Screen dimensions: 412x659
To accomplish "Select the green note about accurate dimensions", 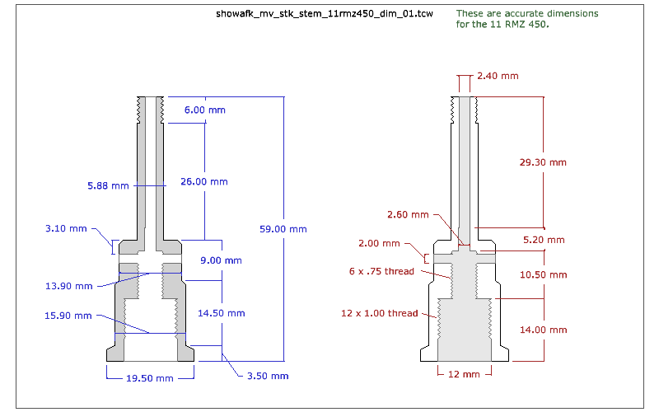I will click(527, 19).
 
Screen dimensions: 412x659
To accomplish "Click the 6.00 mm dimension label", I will click(204, 110).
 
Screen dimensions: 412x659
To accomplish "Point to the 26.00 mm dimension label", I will click(203, 181).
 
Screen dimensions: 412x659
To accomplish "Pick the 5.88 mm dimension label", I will click(108, 186).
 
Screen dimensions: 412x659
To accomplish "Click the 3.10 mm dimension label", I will click(66, 228).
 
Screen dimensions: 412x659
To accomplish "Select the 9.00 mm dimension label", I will click(222, 260).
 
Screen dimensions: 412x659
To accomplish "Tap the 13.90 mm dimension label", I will click(68, 286).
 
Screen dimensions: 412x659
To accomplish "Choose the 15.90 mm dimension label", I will click(68, 316).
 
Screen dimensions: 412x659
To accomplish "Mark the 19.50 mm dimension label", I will click(149, 378).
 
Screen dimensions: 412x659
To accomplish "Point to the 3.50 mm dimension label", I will click(268, 376).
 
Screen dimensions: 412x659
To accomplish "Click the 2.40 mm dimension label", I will click(498, 77).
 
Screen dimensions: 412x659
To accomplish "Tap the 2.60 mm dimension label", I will click(408, 215).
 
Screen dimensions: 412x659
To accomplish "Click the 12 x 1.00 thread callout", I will click(380, 313).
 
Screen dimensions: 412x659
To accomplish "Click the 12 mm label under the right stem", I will click(464, 375).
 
